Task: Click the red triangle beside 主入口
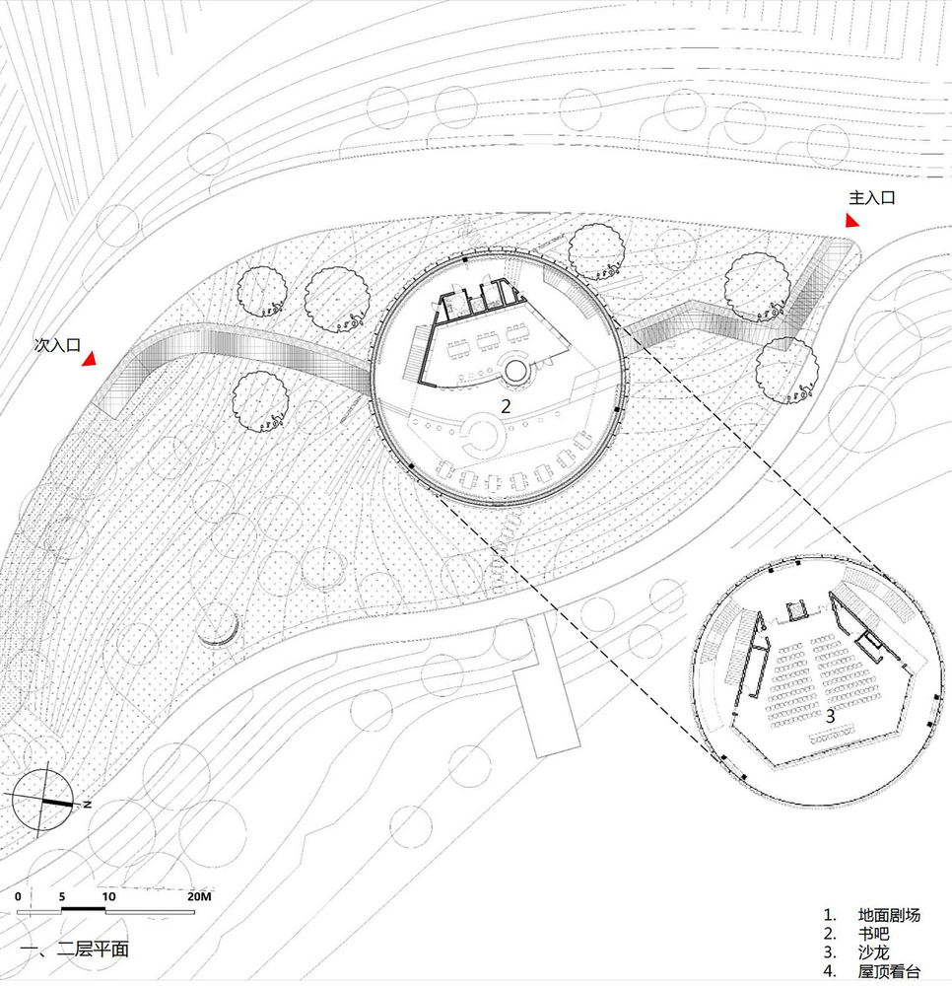tap(852, 221)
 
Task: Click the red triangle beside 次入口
tap(91, 359)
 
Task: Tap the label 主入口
tap(871, 198)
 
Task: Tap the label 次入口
tap(57, 344)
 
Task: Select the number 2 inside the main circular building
tap(506, 406)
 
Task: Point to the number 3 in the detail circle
tap(830, 716)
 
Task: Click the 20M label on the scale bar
tap(199, 896)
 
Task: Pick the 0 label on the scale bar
tap(18, 896)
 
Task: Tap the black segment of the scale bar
tap(83, 910)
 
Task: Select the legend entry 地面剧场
tap(889, 915)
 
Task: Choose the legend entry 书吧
tap(873, 934)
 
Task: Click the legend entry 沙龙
tap(873, 952)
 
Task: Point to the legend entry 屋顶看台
tap(889, 971)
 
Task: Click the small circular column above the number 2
tap(515, 372)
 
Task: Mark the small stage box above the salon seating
tap(796, 610)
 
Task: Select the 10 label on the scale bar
tap(108, 896)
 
